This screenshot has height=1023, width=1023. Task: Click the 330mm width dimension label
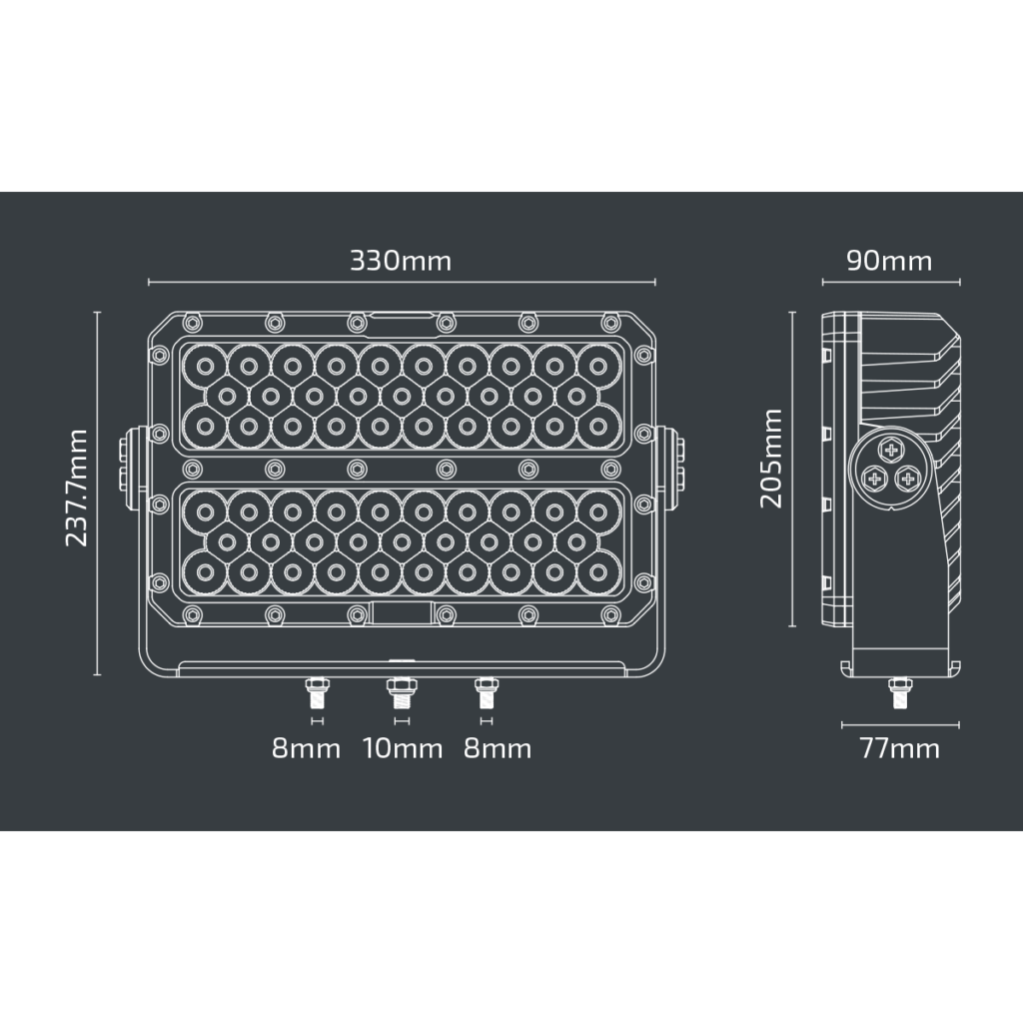[x=401, y=262]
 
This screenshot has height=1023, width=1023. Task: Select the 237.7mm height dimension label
[x=77, y=488]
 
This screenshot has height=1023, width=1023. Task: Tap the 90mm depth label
[x=889, y=262]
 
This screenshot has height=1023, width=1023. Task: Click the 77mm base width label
[x=899, y=748]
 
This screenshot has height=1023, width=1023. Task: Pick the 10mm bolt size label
[x=402, y=748]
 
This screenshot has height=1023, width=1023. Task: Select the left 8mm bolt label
[x=307, y=748]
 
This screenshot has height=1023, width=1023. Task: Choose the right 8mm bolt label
[x=498, y=748]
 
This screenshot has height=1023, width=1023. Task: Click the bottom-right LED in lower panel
[x=598, y=573]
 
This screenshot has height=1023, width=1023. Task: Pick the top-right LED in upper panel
[x=598, y=366]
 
